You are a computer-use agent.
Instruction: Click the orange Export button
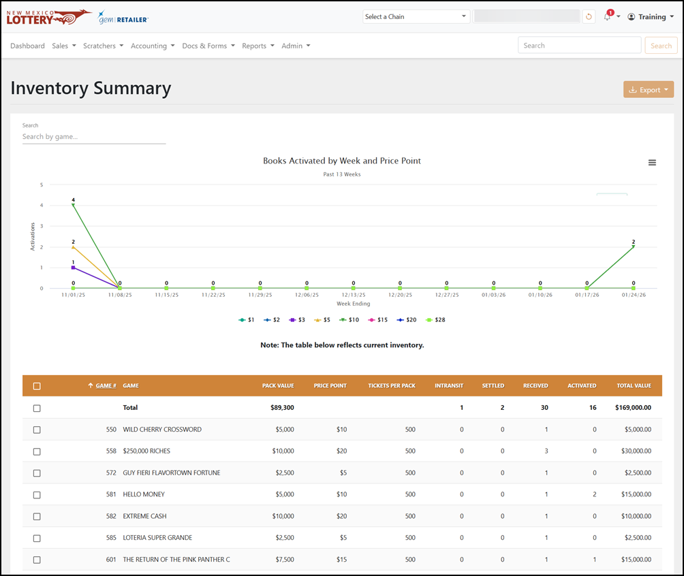point(648,89)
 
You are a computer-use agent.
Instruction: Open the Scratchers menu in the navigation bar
point(103,46)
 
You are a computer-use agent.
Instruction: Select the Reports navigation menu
point(258,46)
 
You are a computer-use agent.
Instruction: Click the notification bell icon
point(607,16)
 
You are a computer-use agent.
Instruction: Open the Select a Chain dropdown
point(416,16)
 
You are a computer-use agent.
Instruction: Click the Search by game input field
point(94,137)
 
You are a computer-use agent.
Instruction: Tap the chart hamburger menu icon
point(652,163)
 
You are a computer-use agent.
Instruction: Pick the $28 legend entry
point(435,319)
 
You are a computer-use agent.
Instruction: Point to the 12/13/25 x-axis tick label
point(354,295)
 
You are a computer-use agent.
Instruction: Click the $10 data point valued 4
point(74,205)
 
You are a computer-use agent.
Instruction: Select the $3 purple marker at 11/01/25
point(74,268)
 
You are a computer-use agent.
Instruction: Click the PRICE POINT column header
point(330,385)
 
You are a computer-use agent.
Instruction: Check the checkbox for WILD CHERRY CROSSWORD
point(37,430)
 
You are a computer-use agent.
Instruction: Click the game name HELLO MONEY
point(144,494)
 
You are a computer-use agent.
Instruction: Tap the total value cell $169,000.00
point(633,408)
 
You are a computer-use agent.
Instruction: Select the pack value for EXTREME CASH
point(283,516)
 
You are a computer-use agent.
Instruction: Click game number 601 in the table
point(111,560)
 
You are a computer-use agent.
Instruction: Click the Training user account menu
point(651,16)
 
